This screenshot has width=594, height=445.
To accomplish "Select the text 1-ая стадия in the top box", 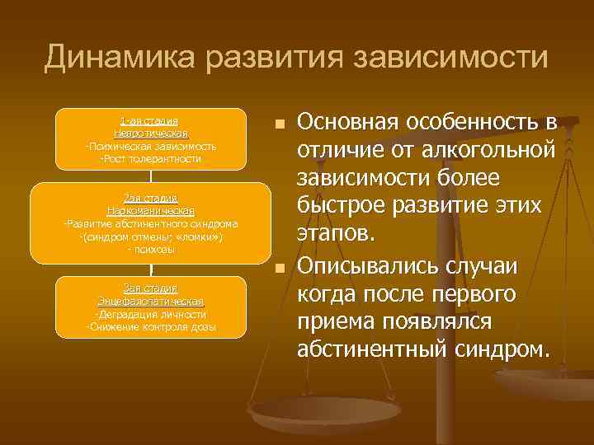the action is (x=151, y=121).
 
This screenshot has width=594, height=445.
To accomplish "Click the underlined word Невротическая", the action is (x=151, y=133).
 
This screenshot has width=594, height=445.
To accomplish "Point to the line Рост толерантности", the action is (x=151, y=158).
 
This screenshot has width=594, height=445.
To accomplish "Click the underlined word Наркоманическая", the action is (x=151, y=210).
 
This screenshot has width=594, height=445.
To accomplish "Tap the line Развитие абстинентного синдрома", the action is (x=151, y=223).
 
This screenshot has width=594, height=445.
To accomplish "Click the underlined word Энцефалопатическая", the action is (x=151, y=301).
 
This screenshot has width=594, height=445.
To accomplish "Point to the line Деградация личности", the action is (x=151, y=314).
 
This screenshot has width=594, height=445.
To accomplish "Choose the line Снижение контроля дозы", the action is (x=151, y=327).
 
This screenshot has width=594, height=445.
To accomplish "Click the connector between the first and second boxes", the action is (x=151, y=176).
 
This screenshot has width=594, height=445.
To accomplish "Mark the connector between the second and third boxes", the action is (x=151, y=269).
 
